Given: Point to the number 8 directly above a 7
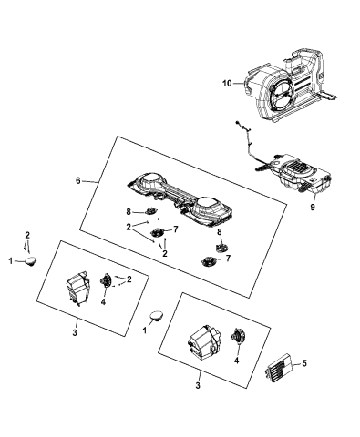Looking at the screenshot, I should (219, 232).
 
